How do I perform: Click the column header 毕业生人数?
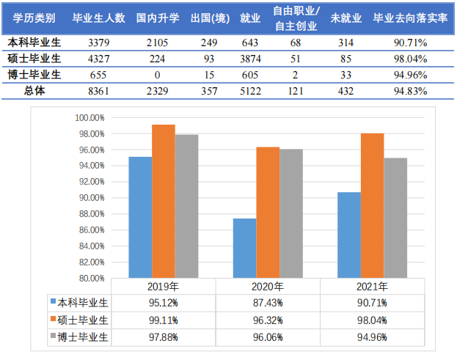click(100, 17)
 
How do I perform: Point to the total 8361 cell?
click(99, 91)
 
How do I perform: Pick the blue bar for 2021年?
click(349, 235)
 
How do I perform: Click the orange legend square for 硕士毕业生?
click(54, 320)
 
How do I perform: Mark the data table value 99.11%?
click(163, 320)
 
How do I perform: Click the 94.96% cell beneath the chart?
click(373, 337)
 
